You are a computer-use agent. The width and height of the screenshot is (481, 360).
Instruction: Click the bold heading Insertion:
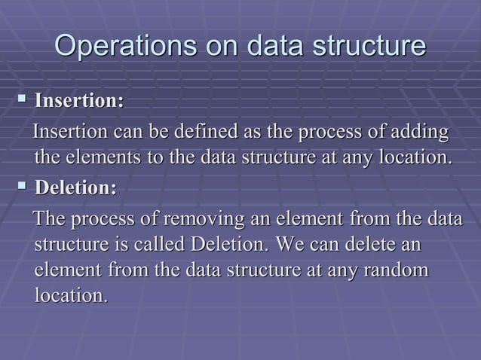tap(81, 100)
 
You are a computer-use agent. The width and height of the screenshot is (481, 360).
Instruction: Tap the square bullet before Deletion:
tap(23, 186)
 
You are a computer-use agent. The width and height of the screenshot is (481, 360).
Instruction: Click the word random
tap(396, 270)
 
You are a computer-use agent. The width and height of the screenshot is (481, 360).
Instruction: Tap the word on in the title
tap(212, 46)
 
